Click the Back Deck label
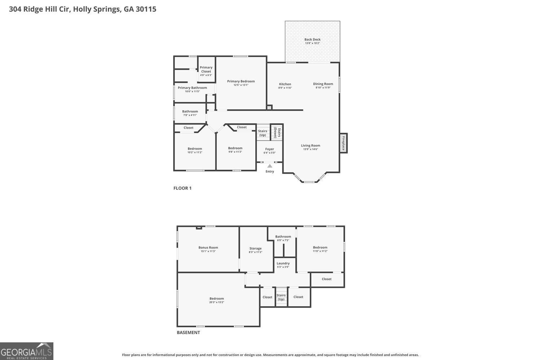(312, 39)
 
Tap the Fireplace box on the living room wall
(343, 143)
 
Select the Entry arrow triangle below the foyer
(270, 166)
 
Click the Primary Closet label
(206, 69)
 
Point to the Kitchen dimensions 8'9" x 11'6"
(285, 88)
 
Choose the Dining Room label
(323, 84)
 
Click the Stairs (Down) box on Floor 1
(277, 132)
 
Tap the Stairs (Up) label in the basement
(281, 297)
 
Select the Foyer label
(269, 149)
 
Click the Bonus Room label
(208, 248)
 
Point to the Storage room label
(255, 248)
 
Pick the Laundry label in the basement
(283, 263)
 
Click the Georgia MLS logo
(27, 351)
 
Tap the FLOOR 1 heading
(182, 188)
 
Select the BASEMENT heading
(188, 333)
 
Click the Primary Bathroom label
(192, 88)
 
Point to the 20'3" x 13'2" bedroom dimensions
(216, 302)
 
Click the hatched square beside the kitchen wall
(269, 107)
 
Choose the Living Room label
(311, 146)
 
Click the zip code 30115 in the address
(146, 9)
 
